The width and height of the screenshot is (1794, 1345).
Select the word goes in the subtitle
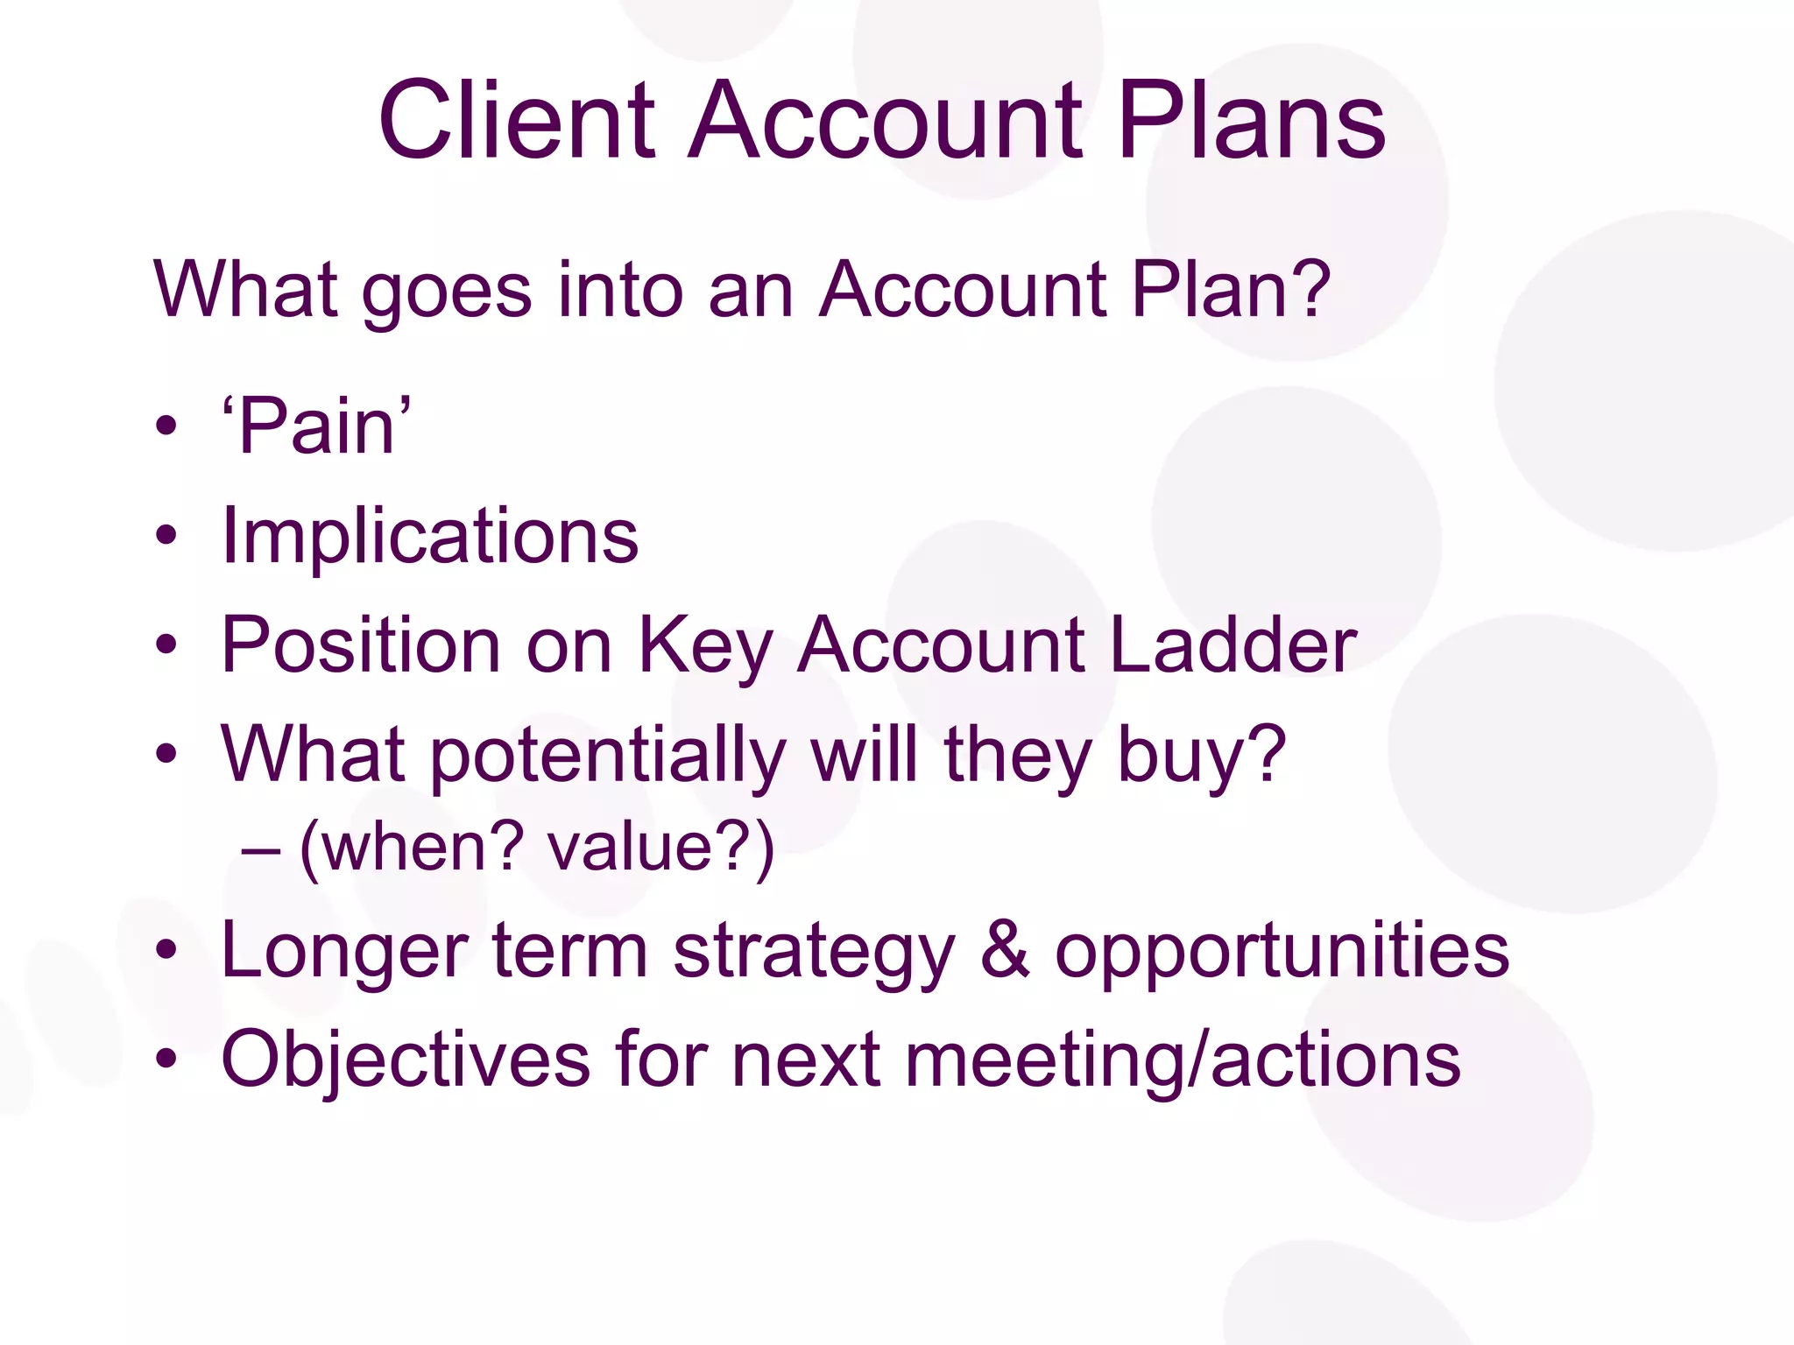point(446,291)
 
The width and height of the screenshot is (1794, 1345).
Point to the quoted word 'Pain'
point(316,426)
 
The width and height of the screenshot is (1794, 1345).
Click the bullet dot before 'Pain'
point(166,427)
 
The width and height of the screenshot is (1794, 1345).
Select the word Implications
point(429,537)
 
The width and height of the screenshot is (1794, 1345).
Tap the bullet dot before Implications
point(166,536)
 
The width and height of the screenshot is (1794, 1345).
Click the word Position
point(360,645)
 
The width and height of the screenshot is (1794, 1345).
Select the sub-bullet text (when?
point(412,848)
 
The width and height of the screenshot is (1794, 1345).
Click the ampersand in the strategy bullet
point(1004,951)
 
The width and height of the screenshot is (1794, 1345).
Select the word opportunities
point(1282,953)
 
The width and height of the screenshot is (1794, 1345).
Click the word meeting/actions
point(1183,1060)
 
